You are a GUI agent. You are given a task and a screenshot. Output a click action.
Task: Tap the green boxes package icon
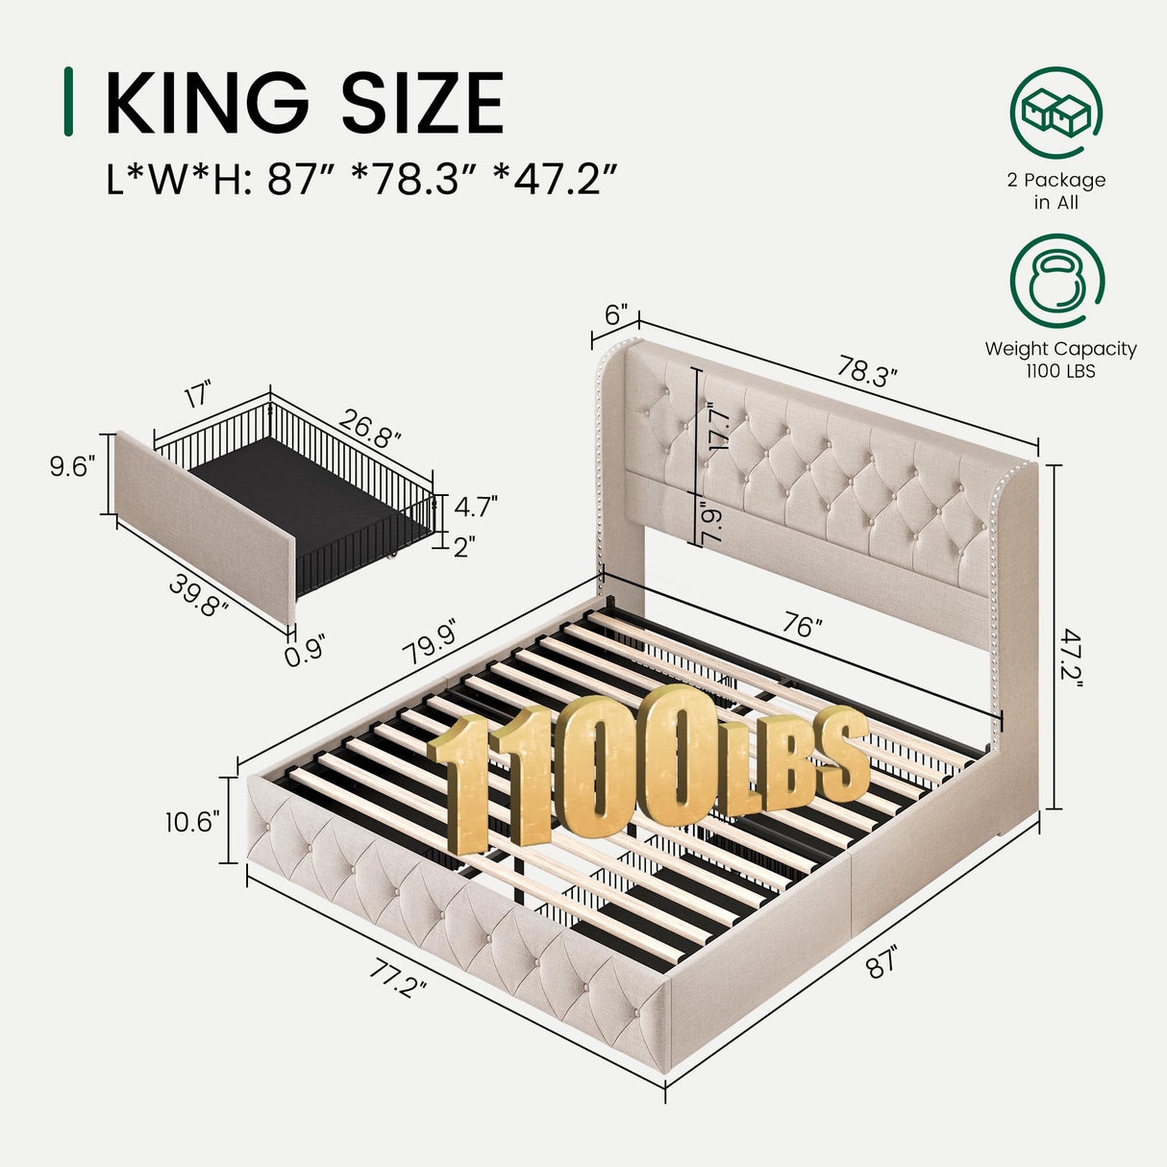[1055, 112]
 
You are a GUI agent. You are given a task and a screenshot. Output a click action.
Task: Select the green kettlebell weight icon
[1055, 282]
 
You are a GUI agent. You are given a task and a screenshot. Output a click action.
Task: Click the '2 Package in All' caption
[1055, 191]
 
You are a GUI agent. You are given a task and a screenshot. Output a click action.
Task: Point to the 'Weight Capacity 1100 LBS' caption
[1060, 360]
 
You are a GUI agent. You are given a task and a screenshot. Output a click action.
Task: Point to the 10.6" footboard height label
[192, 822]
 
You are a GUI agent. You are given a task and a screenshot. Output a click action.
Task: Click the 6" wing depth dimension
[616, 314]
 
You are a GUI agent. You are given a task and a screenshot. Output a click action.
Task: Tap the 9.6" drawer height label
[72, 467]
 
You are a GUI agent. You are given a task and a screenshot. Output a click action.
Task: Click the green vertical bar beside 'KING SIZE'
[67, 102]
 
